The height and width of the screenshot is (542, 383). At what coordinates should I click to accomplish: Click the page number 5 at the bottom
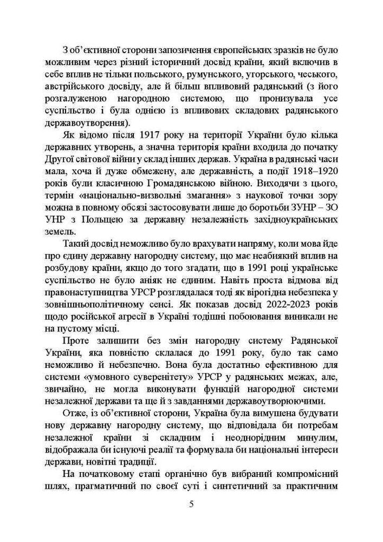[x=191, y=503]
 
